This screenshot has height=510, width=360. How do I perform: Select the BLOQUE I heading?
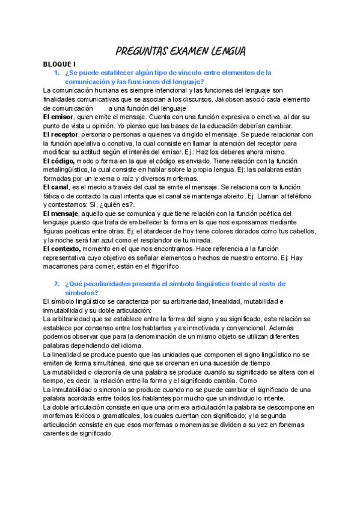tap(59, 63)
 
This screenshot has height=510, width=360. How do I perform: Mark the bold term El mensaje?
tap(61, 214)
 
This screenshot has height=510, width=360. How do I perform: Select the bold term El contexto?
tap(62, 248)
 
